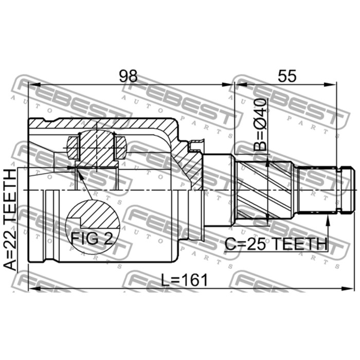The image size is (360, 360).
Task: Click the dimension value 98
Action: click(x=128, y=76)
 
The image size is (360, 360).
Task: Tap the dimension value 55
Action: click(x=287, y=76)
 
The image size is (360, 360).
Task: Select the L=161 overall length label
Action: click(x=184, y=280)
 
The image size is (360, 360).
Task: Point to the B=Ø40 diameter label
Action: click(x=261, y=124)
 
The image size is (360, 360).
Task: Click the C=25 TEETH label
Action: click(x=276, y=244)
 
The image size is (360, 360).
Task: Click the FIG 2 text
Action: click(x=92, y=239)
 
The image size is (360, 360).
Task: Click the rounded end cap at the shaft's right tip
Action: click(x=346, y=190)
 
